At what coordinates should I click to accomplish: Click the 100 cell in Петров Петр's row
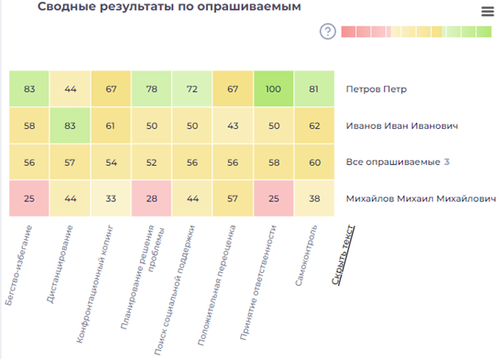click(x=273, y=89)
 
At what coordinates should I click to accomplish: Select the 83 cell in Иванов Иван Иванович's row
click(x=70, y=126)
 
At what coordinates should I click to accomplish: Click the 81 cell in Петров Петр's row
click(x=313, y=89)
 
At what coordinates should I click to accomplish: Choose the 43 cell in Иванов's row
click(x=232, y=126)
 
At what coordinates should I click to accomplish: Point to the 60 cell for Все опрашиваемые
click(x=313, y=162)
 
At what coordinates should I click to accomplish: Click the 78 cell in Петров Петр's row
click(x=151, y=89)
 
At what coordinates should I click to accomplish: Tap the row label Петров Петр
click(x=375, y=89)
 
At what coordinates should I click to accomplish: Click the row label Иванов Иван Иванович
click(x=401, y=126)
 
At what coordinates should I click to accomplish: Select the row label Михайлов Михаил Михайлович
click(x=421, y=198)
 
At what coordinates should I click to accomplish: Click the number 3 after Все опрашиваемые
click(x=446, y=162)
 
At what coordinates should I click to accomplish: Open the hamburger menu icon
click(x=487, y=11)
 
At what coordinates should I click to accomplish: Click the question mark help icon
click(x=327, y=31)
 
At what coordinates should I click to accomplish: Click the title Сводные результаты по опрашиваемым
click(x=168, y=7)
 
